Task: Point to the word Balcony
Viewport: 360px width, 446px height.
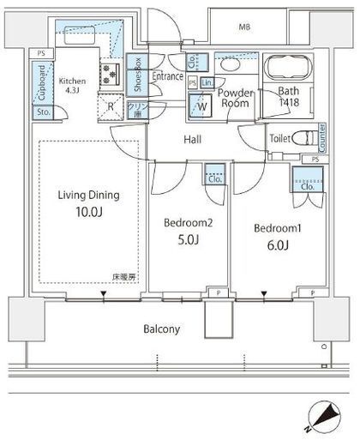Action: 161,327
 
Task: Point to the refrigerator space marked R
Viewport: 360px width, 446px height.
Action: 111,107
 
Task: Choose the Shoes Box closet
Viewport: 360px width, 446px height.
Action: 135,76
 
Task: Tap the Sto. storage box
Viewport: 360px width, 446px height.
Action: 42,112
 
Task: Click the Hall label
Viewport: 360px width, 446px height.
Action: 192,139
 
